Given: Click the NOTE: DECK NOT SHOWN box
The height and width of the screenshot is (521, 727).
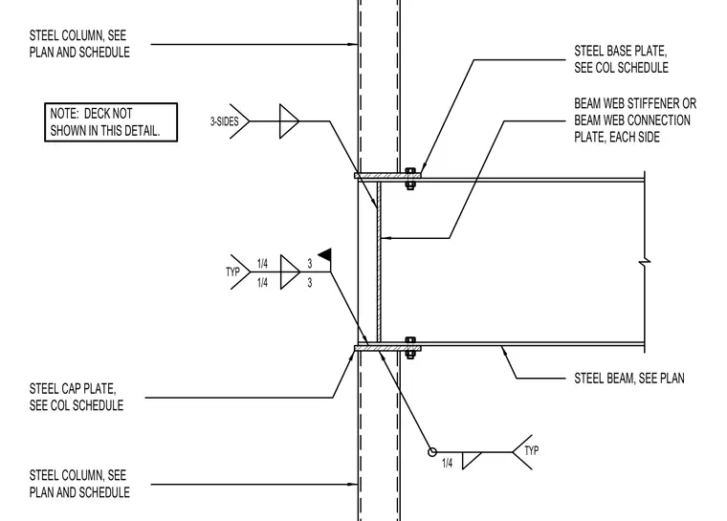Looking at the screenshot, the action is [x=111, y=122].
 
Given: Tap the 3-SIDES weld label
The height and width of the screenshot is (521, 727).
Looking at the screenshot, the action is [x=225, y=121].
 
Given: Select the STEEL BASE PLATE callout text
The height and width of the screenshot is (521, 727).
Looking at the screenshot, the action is [x=621, y=59].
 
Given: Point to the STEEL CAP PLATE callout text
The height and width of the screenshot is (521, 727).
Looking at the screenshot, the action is [x=77, y=397].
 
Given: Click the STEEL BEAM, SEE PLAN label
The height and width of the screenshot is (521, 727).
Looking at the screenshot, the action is [x=629, y=379].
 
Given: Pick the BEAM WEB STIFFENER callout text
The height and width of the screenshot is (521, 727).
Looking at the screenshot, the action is [x=635, y=120].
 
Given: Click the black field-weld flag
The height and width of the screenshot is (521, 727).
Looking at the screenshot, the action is [x=325, y=254].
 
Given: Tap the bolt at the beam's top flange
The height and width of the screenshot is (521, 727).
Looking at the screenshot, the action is [x=409, y=179].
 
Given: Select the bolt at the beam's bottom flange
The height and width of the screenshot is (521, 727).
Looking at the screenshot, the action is [x=409, y=348].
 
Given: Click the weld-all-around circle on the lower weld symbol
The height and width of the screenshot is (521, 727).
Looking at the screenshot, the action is [x=432, y=452].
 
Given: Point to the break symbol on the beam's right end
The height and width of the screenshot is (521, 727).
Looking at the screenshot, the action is [x=645, y=262].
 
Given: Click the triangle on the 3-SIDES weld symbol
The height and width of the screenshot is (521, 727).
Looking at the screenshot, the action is [x=289, y=121].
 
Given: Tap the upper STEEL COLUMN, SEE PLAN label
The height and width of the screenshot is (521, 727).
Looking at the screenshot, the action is [x=79, y=44].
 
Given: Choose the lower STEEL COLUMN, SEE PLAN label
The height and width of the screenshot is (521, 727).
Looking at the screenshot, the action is [x=79, y=484].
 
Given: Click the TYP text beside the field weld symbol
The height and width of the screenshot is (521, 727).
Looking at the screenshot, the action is [x=232, y=271].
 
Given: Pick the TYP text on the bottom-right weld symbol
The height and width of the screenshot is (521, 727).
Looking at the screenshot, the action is [x=531, y=450].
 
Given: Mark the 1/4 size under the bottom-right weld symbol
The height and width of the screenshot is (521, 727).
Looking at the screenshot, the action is [x=447, y=463].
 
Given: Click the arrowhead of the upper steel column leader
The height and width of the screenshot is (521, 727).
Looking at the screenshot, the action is [x=354, y=45].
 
